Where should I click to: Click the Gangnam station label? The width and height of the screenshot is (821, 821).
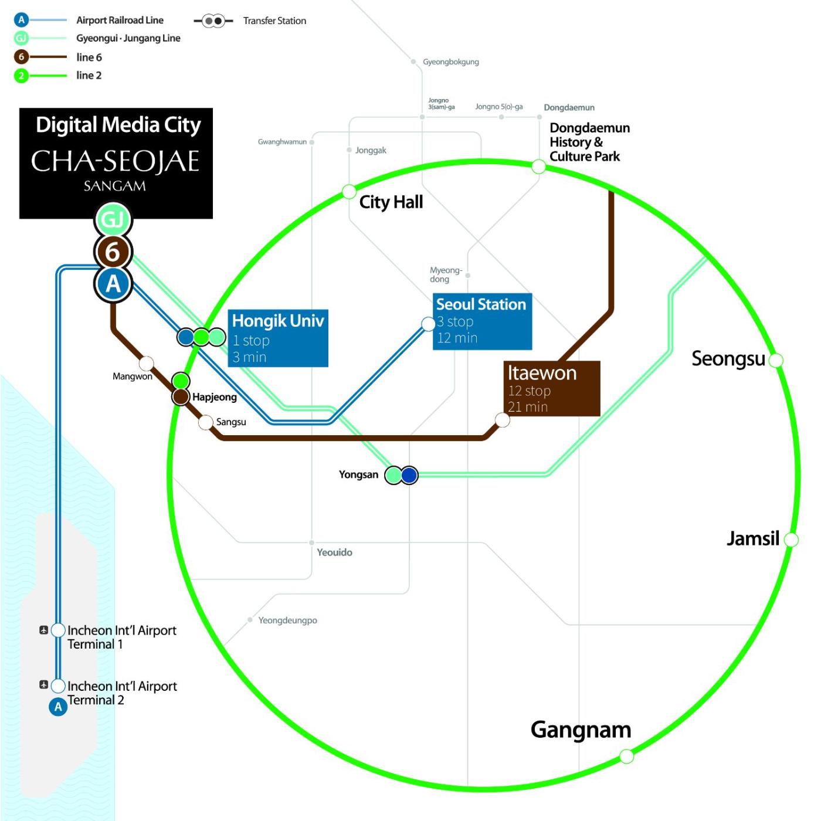(581, 730)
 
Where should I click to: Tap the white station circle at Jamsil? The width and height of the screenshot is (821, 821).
(791, 540)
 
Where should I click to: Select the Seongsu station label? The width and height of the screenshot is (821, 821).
(728, 358)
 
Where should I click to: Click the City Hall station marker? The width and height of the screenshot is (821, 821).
(349, 192)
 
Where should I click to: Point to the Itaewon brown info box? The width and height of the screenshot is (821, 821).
(552, 389)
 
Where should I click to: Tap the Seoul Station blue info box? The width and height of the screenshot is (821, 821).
(482, 322)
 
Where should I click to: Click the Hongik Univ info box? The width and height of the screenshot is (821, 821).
(278, 338)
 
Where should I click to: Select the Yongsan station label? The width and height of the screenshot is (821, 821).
(358, 474)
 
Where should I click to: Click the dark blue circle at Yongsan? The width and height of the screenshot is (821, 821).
(409, 475)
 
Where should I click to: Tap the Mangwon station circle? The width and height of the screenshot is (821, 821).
(146, 364)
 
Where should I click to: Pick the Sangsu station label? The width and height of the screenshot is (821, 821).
(231, 422)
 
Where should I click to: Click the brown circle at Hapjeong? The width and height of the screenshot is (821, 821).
(181, 396)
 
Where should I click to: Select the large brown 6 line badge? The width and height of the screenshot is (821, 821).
(113, 252)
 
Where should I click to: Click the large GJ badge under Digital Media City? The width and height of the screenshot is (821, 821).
(113, 220)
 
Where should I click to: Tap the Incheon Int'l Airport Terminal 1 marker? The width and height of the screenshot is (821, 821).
(58, 630)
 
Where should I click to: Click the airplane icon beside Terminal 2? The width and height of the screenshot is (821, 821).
(43, 684)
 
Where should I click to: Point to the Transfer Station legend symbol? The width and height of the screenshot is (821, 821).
(213, 21)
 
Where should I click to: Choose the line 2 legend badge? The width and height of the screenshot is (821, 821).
(21, 76)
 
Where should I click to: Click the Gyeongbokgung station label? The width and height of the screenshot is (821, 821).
(451, 62)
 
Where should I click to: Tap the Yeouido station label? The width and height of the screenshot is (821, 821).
(334, 552)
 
